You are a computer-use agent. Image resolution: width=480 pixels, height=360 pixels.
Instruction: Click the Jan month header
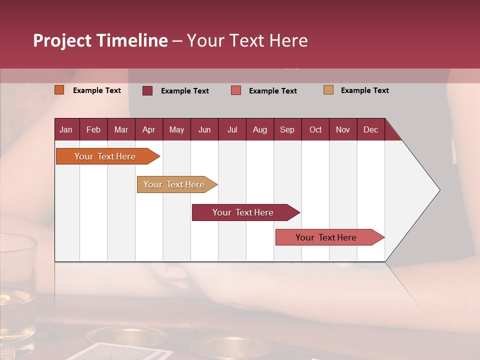(66, 129)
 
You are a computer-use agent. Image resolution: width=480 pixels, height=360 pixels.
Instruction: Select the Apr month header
(148, 129)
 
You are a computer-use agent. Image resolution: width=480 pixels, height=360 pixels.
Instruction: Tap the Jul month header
(232, 129)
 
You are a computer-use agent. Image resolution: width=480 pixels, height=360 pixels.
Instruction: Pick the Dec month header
(370, 129)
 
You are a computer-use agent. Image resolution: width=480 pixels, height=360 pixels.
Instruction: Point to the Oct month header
(315, 129)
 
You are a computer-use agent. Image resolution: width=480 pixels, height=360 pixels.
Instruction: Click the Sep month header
(287, 129)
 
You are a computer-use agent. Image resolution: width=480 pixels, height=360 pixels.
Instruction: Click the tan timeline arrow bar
(175, 184)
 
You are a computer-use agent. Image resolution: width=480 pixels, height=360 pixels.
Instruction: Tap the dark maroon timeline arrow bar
(244, 212)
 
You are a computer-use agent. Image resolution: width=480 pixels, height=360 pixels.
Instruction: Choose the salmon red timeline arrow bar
(327, 237)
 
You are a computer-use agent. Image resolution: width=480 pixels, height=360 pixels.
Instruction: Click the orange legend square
(59, 90)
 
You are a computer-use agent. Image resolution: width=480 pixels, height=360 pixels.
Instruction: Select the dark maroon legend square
(147, 90)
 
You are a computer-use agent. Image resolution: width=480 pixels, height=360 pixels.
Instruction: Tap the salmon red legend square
(236, 90)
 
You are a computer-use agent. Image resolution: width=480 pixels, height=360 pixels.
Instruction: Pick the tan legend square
(328, 90)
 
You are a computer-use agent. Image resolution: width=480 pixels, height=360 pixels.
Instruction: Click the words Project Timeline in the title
(100, 40)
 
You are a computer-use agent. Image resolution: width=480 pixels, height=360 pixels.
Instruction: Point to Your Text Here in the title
(247, 40)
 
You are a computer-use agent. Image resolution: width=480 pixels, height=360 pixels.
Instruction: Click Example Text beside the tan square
(364, 90)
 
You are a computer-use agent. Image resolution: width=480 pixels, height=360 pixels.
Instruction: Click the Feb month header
(93, 129)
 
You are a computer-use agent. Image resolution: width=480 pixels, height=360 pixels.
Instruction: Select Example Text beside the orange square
(96, 90)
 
